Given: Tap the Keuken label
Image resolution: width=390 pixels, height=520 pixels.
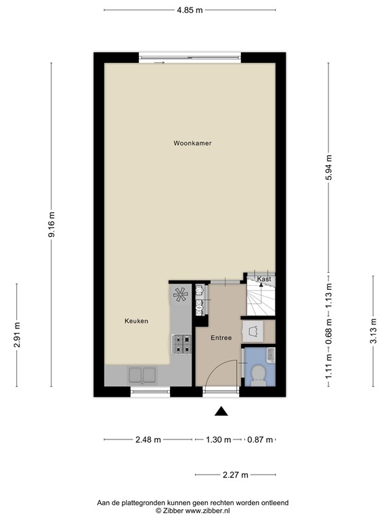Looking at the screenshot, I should point(135,321).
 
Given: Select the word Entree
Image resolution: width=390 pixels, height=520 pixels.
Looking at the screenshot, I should point(221,338).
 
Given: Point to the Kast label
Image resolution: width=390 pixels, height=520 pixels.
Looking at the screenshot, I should point(264,279).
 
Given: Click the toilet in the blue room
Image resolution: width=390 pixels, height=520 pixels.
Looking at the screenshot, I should point(258,374).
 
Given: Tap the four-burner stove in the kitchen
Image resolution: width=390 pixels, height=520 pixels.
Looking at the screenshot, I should point(182,345).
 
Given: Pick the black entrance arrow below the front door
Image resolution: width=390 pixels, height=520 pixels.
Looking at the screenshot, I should point(221,410).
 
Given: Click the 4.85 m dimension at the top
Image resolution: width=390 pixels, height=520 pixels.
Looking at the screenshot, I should point(190,10).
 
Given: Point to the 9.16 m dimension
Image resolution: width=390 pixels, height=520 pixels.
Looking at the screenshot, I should point(52,224).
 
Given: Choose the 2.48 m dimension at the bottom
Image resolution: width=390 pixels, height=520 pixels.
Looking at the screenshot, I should point(148,439).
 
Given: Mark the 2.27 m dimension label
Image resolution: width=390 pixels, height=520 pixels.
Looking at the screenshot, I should point(236,475).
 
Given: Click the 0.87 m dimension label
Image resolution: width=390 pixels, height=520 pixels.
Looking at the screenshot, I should point(260,439).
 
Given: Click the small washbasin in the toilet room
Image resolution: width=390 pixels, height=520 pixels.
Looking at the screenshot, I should point(270,354).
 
